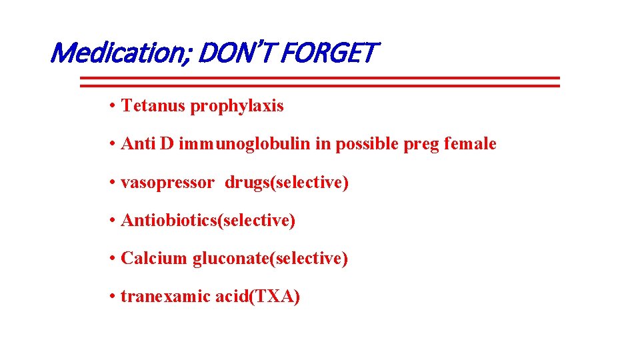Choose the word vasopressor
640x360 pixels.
167,183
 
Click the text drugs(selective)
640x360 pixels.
287,183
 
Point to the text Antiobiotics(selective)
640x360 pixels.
208,221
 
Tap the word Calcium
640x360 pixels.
154,259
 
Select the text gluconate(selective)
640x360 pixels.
270,259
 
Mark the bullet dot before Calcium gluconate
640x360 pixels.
114,259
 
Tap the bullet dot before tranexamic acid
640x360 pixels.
114,297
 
